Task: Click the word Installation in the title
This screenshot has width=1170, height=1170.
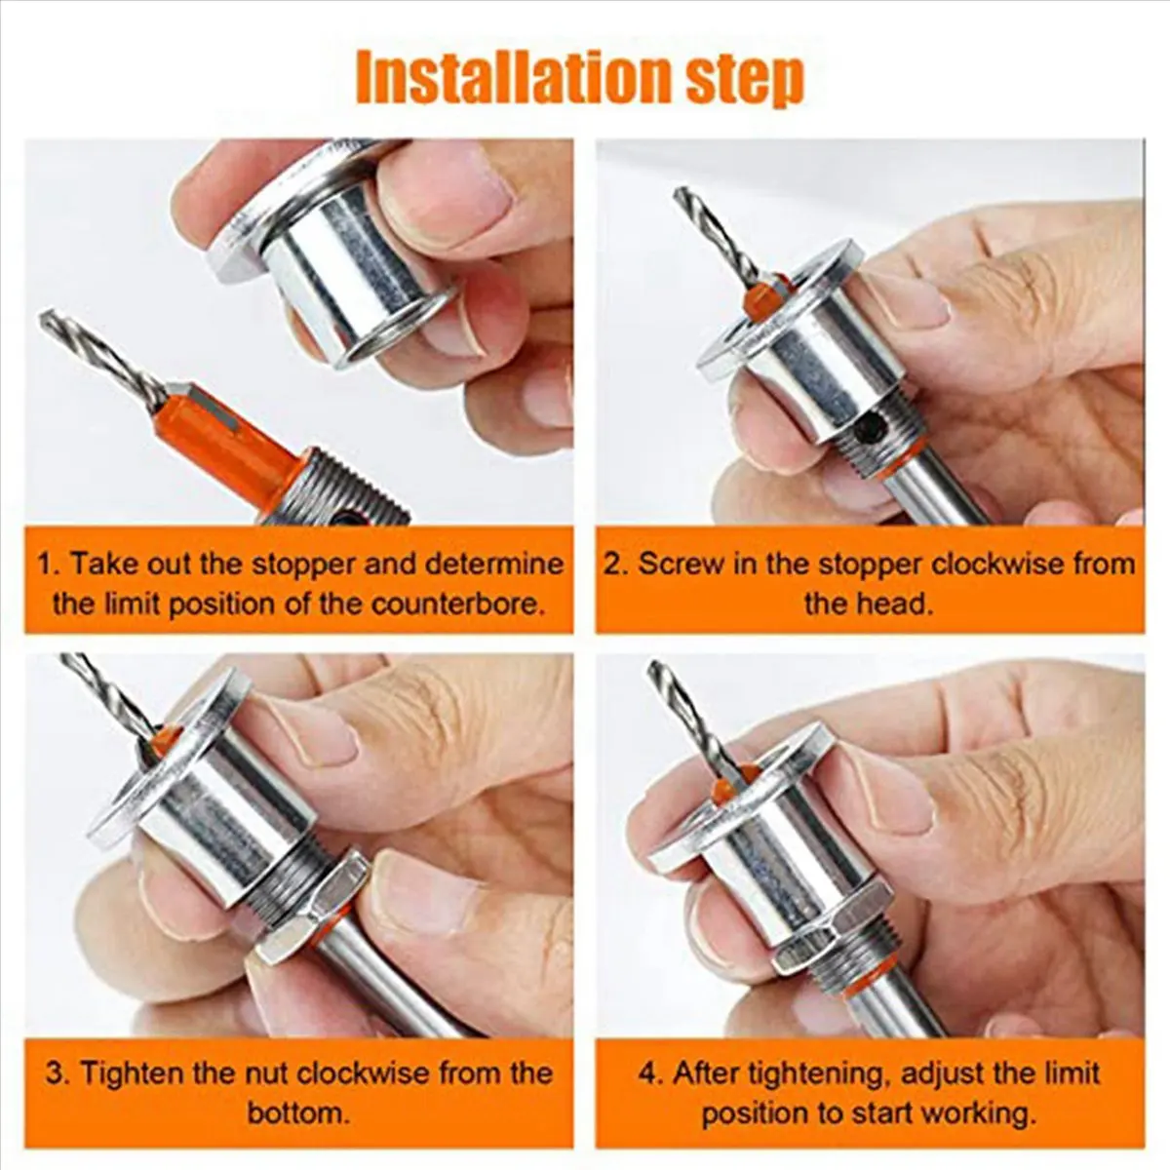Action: tap(507, 78)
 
